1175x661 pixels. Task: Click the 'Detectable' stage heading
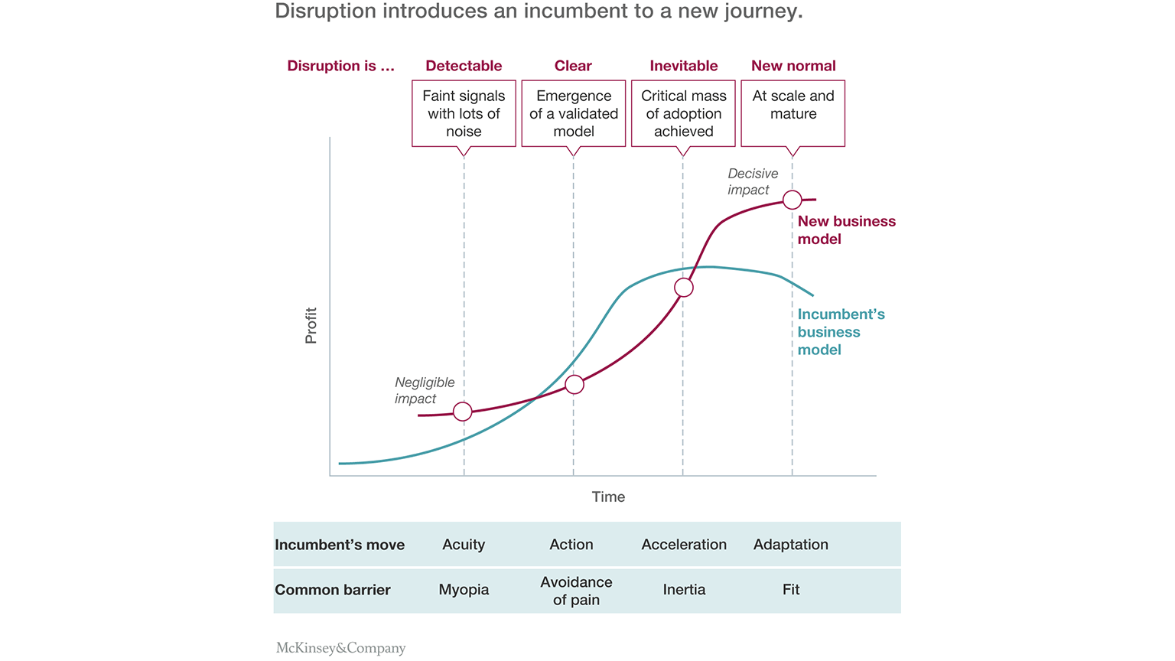click(x=464, y=66)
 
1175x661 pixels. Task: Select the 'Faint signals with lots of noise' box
click(x=464, y=113)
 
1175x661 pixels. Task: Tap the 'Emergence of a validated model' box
click(x=574, y=113)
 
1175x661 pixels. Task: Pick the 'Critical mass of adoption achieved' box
click(x=683, y=113)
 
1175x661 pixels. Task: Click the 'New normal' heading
click(x=793, y=66)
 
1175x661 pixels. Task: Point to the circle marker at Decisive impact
click(x=793, y=200)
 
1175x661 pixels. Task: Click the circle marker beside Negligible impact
click(x=463, y=412)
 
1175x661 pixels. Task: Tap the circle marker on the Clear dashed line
click(x=574, y=384)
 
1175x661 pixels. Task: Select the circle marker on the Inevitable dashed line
click(x=684, y=288)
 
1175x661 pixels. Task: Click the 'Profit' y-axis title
click(x=311, y=325)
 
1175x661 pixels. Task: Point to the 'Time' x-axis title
click(x=608, y=497)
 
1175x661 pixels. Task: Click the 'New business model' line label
click(x=846, y=230)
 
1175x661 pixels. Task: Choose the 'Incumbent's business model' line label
click(x=841, y=332)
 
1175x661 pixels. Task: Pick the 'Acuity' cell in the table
click(x=464, y=545)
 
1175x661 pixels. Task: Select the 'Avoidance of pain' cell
click(x=576, y=591)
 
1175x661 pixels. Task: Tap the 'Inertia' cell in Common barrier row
click(x=684, y=590)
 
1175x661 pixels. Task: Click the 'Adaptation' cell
click(x=790, y=545)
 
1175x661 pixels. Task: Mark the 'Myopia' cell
click(x=464, y=590)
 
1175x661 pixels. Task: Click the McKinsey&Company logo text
click(x=340, y=648)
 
